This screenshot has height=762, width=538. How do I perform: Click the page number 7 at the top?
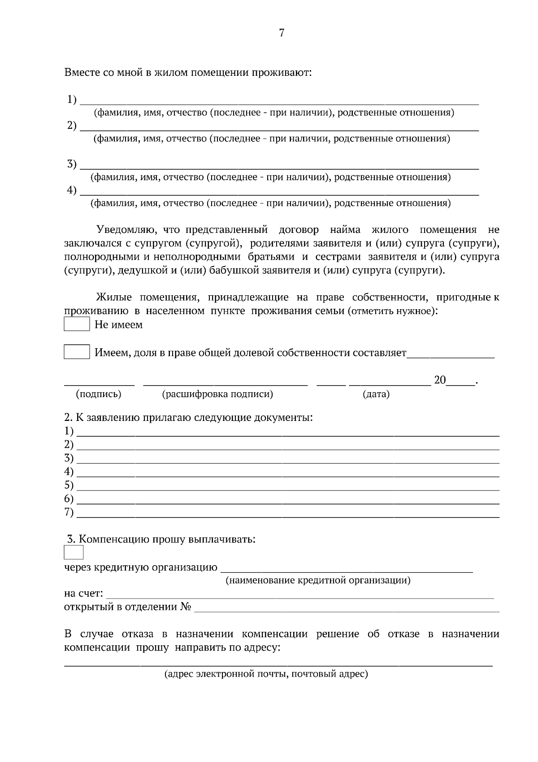click(282, 33)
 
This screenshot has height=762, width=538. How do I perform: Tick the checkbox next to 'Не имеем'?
click(77, 324)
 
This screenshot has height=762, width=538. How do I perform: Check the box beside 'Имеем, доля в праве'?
click(77, 352)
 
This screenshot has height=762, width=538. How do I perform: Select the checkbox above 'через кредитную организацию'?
click(74, 552)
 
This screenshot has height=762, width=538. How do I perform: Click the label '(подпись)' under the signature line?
click(99, 394)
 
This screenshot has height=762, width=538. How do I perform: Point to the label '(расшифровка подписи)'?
click(217, 394)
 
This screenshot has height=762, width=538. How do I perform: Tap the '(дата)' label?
click(376, 394)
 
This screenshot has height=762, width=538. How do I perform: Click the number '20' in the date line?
click(440, 381)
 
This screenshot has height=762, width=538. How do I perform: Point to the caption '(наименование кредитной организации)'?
click(317, 580)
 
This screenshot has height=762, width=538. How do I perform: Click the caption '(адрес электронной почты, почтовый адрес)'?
click(266, 674)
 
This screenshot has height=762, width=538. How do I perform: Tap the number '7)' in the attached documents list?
click(69, 512)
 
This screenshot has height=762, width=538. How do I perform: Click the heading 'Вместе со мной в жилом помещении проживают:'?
click(188, 72)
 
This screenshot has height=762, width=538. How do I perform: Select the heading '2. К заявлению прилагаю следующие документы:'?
click(188, 417)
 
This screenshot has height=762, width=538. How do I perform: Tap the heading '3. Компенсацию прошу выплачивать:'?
click(161, 539)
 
